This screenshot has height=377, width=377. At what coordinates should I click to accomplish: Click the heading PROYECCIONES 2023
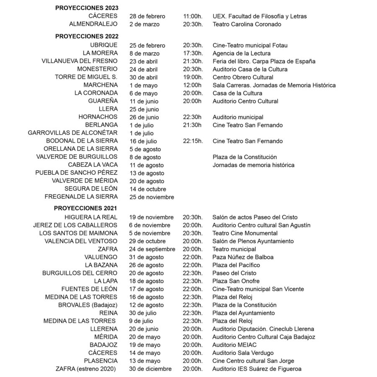pyautogui.click(x=87, y=8)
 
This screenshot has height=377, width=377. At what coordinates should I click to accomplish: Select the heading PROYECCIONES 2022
pyautogui.click(x=87, y=36)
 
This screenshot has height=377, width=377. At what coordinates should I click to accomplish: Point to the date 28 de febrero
pyautogui.click(x=147, y=16)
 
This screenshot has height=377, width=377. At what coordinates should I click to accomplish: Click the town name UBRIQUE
pyautogui.click(x=104, y=45)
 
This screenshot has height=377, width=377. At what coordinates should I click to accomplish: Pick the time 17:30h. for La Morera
pyautogui.click(x=193, y=53)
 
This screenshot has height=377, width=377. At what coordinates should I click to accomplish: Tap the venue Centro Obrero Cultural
pyautogui.click(x=243, y=77)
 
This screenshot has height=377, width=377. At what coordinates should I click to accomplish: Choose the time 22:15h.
pyautogui.click(x=193, y=141)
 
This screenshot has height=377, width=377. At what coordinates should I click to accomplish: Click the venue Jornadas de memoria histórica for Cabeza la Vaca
pyautogui.click(x=253, y=165)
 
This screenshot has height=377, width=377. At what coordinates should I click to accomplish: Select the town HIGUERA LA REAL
pyautogui.click(x=91, y=217)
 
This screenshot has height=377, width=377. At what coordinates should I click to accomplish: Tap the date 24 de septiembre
pyautogui.click(x=152, y=249)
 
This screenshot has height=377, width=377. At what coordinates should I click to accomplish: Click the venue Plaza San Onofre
pyautogui.click(x=236, y=281)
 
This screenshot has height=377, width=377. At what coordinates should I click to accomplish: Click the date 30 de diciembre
pyautogui.click(x=150, y=369)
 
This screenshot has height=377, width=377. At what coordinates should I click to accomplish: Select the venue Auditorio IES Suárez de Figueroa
pyautogui.click(x=257, y=369)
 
